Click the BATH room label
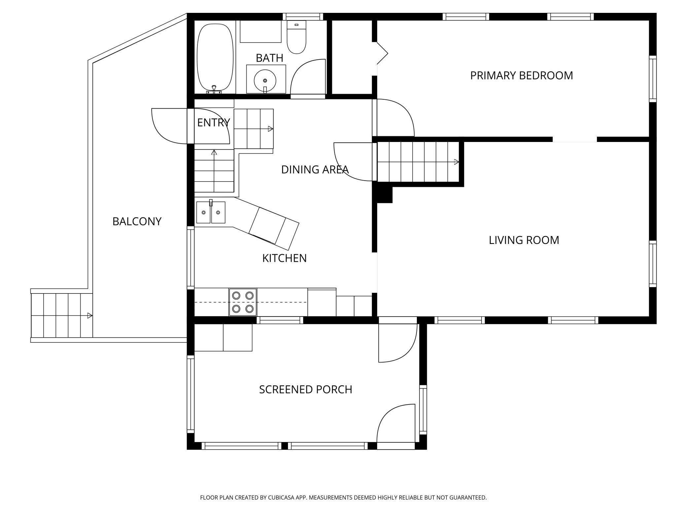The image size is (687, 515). click(270, 58)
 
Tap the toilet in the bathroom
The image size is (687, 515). click(297, 37)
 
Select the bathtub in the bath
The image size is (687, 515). click(215, 56)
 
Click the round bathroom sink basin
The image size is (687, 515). click(265, 80)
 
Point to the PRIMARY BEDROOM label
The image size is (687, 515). click(522, 76)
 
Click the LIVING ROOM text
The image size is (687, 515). click(524, 240)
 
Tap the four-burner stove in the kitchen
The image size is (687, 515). click(243, 302)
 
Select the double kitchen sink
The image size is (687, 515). click(211, 212)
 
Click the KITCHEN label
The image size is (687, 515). click(284, 258)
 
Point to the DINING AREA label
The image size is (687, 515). click(315, 170)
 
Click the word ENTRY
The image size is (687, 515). click(213, 123)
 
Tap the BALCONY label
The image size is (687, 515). click(137, 222)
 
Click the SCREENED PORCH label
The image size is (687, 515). click(306, 390)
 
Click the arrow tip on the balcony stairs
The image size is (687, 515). click(92, 316)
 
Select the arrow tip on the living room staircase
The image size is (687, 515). click(459, 162)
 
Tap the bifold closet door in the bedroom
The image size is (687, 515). click(382, 53)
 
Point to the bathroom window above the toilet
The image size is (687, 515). click(303, 17)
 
